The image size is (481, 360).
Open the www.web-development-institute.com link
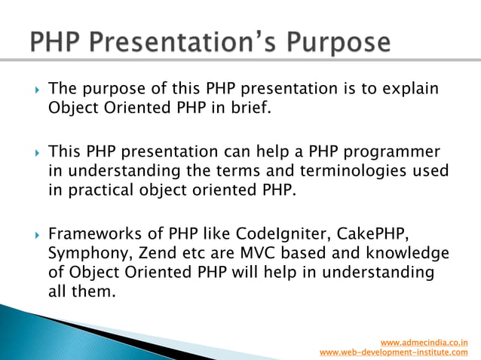click(394, 352)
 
